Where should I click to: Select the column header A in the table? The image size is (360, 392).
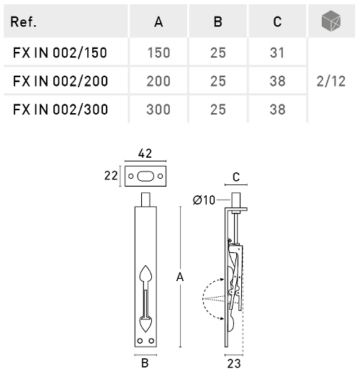pyautogui.click(x=158, y=22)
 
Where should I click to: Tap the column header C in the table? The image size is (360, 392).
pyautogui.click(x=277, y=22)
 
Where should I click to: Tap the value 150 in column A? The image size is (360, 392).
pyautogui.click(x=158, y=53)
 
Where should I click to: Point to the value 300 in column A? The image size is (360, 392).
pyautogui.click(x=158, y=110)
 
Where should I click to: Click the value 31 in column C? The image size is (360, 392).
pyautogui.click(x=277, y=53)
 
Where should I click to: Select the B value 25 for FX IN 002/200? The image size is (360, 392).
pyautogui.click(x=217, y=81)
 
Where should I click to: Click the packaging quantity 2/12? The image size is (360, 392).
pyautogui.click(x=330, y=81)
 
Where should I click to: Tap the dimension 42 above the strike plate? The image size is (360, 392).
pyautogui.click(x=146, y=153)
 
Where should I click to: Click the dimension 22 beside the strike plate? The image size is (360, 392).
pyautogui.click(x=110, y=175)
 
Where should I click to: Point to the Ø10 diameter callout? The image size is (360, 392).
pyautogui.click(x=204, y=200)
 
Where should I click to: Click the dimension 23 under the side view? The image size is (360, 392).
pyautogui.click(x=233, y=364)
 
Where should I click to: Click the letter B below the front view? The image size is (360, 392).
pyautogui.click(x=145, y=364)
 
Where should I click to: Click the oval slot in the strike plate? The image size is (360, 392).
pyautogui.click(x=146, y=175)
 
